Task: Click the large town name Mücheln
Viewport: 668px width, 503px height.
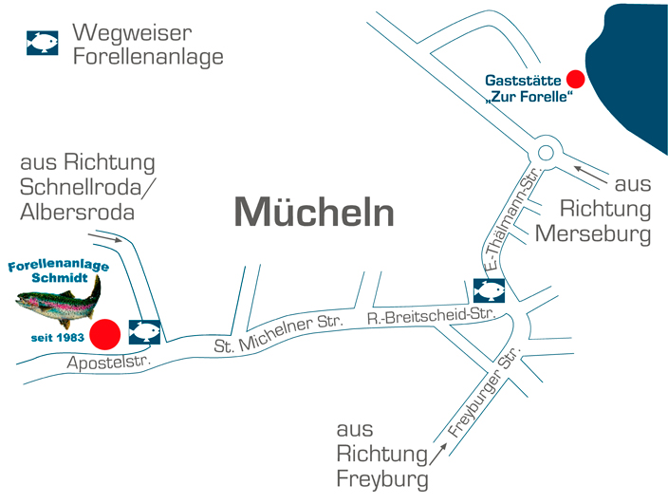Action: (314, 213)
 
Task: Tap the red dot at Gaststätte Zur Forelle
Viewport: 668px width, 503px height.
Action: (574, 79)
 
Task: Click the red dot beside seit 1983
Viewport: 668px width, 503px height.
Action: (104, 334)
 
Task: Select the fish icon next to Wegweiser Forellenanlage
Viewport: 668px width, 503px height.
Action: (42, 44)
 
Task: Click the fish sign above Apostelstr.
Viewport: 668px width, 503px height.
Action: (144, 331)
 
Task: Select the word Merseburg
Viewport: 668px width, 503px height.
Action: (594, 233)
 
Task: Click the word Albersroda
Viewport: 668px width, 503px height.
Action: (77, 211)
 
